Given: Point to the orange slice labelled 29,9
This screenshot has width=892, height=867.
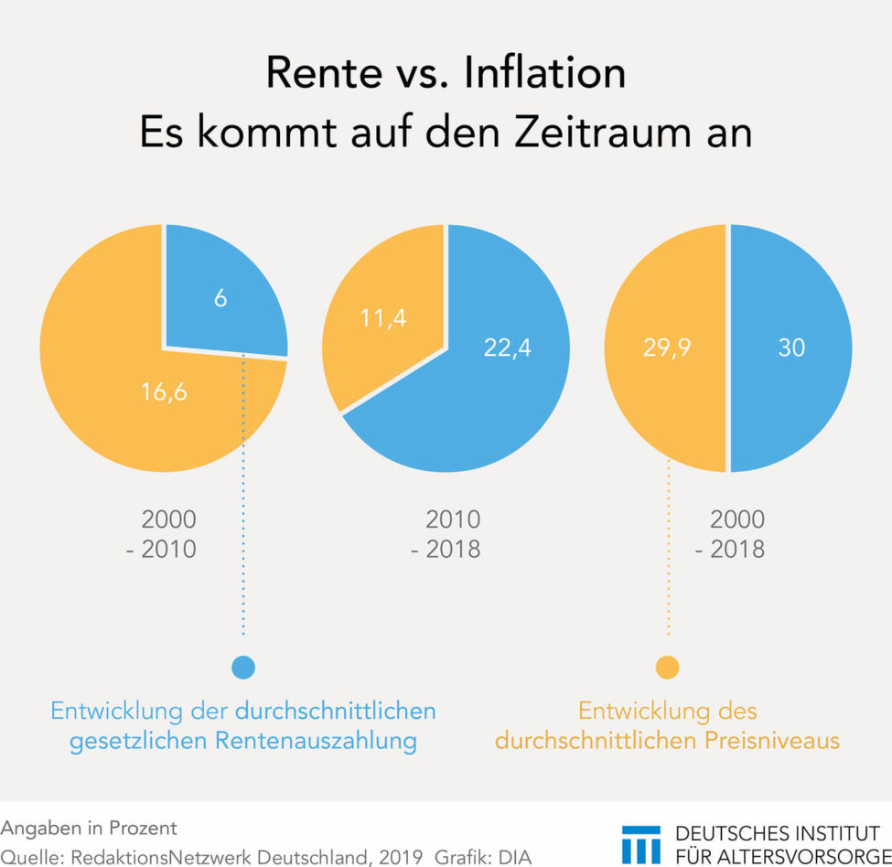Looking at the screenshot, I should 666,348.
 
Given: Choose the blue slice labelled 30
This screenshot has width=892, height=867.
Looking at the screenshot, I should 790,348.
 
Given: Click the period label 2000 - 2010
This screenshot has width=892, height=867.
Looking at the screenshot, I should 168,534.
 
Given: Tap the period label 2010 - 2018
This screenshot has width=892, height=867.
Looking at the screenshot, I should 453,534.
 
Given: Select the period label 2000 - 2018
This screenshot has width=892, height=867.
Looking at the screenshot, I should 737,534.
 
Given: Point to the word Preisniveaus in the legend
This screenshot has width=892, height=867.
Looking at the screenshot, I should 773,741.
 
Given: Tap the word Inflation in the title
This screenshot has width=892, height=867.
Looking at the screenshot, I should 545,73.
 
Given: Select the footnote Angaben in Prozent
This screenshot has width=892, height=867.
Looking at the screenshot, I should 89,828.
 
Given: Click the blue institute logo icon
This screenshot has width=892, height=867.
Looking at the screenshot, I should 640,843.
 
